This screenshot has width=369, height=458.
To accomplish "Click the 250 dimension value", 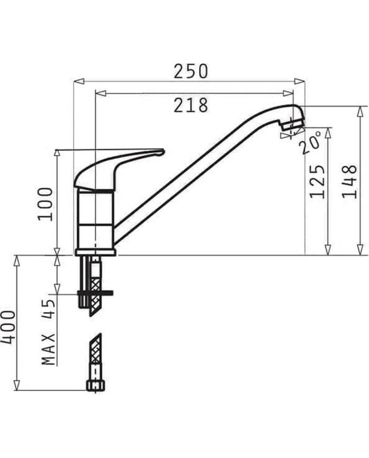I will tap(191, 71).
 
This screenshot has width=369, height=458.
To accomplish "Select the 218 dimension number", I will tap(191, 105).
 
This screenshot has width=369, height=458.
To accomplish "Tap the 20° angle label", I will tap(311, 142).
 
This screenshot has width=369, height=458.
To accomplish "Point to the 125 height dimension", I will tap(317, 181).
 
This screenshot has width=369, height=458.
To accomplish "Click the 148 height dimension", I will tap(349, 181).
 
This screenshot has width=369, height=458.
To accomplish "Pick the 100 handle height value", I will tap(45, 204).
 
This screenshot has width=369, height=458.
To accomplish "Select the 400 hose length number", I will tap(8, 327).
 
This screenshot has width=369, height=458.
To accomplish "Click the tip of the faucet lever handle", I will tap(161, 152).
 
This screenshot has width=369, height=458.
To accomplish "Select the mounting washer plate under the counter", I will tap(95, 293).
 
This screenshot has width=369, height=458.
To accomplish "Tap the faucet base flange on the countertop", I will tap(95, 252).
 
